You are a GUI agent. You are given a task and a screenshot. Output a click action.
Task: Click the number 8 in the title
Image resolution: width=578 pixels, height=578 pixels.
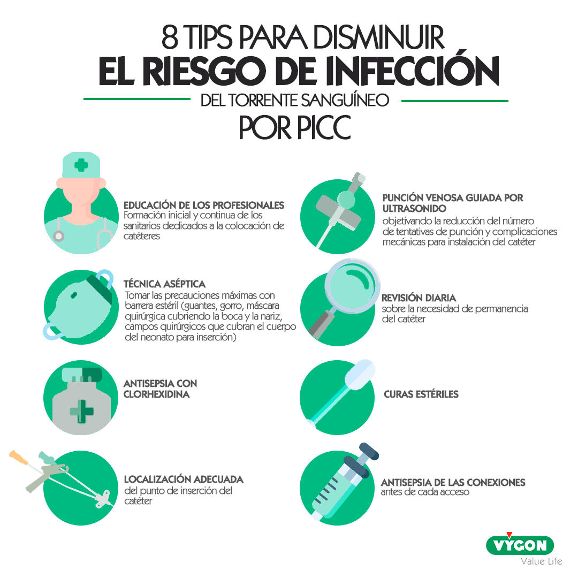point(171,37)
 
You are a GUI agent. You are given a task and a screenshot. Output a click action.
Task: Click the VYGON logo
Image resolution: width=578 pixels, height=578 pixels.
point(520,545)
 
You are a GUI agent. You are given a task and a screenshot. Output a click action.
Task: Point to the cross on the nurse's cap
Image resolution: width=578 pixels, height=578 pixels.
point(81,165)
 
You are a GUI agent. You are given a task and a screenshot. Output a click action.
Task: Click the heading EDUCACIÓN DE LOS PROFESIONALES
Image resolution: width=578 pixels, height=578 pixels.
point(203,206)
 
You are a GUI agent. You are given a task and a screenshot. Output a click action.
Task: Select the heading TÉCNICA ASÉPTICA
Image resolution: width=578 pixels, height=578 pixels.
point(164,284)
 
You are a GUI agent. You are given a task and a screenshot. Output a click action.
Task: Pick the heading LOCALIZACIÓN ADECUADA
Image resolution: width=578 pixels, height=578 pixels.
point(184,479)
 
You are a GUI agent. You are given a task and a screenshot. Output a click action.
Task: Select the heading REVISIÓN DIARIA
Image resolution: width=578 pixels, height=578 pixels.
point(419,298)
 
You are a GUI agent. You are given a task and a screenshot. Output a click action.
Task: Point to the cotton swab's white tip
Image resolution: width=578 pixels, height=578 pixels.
point(360,375)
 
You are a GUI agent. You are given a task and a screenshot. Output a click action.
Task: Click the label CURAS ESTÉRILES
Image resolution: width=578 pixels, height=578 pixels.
point(421,394)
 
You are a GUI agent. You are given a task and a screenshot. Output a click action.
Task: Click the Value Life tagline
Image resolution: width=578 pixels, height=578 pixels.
point(541,561)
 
